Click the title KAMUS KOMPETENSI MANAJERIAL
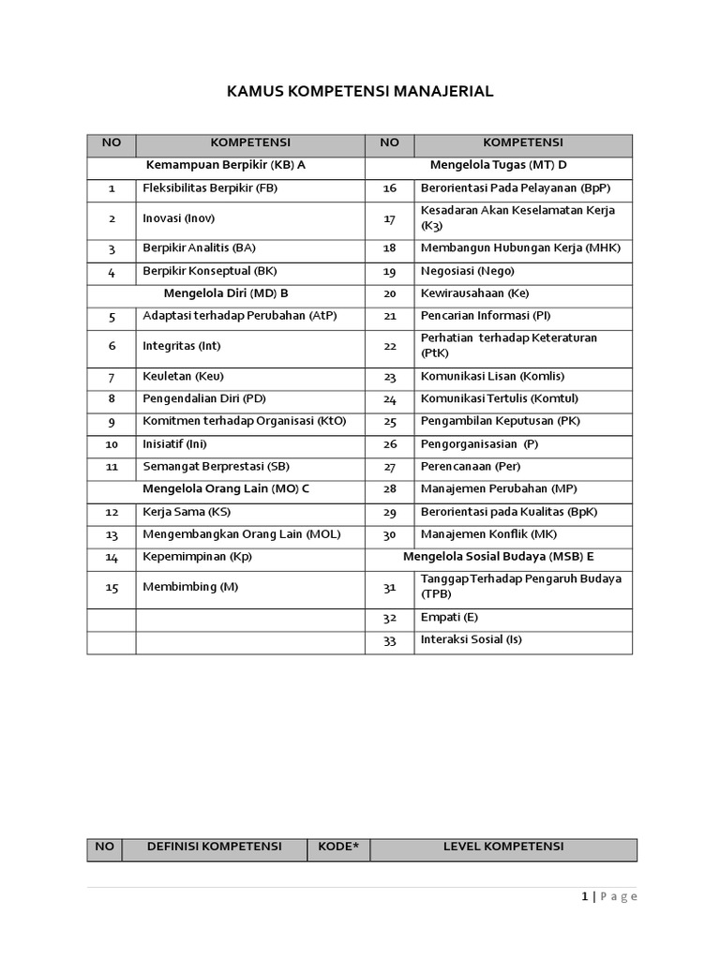360,92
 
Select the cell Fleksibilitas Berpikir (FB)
210,188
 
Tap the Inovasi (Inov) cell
179,218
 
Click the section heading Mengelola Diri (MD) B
226,292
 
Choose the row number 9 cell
112,422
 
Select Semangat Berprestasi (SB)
217,466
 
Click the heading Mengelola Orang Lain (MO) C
226,489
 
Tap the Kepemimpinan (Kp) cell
197,557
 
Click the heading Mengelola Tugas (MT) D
499,165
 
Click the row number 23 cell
390,377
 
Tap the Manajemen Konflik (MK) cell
488,534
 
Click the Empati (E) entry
450,618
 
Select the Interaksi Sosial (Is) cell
472,640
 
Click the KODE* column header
338,847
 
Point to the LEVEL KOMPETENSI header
503,847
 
